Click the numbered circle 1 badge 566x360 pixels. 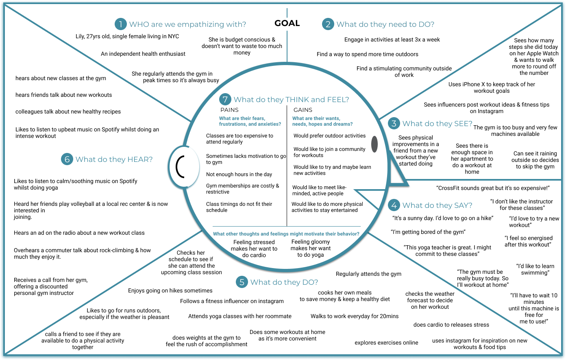(x=120, y=24)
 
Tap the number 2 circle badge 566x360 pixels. (x=328, y=24)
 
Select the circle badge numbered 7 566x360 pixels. (x=225, y=100)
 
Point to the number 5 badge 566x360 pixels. (x=242, y=282)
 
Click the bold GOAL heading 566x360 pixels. (x=287, y=24)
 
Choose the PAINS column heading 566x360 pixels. (x=229, y=110)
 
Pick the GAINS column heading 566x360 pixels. (x=303, y=110)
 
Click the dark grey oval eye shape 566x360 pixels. (x=374, y=144)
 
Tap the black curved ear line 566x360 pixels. (x=179, y=166)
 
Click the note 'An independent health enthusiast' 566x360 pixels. (x=143, y=54)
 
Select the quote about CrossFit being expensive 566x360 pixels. (x=493, y=188)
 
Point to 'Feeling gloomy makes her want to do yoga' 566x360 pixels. (x=311, y=248)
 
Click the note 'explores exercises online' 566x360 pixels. (x=386, y=343)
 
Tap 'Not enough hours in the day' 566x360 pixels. (x=239, y=175)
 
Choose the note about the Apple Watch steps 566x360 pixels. (x=534, y=57)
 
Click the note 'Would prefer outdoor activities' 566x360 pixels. (x=329, y=136)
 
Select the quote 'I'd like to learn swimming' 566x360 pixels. (x=535, y=269)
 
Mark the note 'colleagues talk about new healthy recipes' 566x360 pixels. (x=68, y=111)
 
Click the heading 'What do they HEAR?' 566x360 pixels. (x=114, y=159)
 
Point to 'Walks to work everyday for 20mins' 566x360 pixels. (x=355, y=316)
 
